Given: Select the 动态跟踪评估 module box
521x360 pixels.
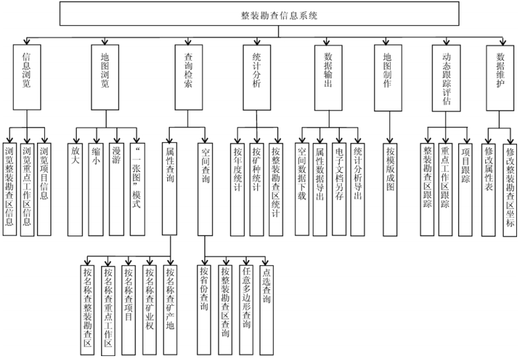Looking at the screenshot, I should (446, 77).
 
